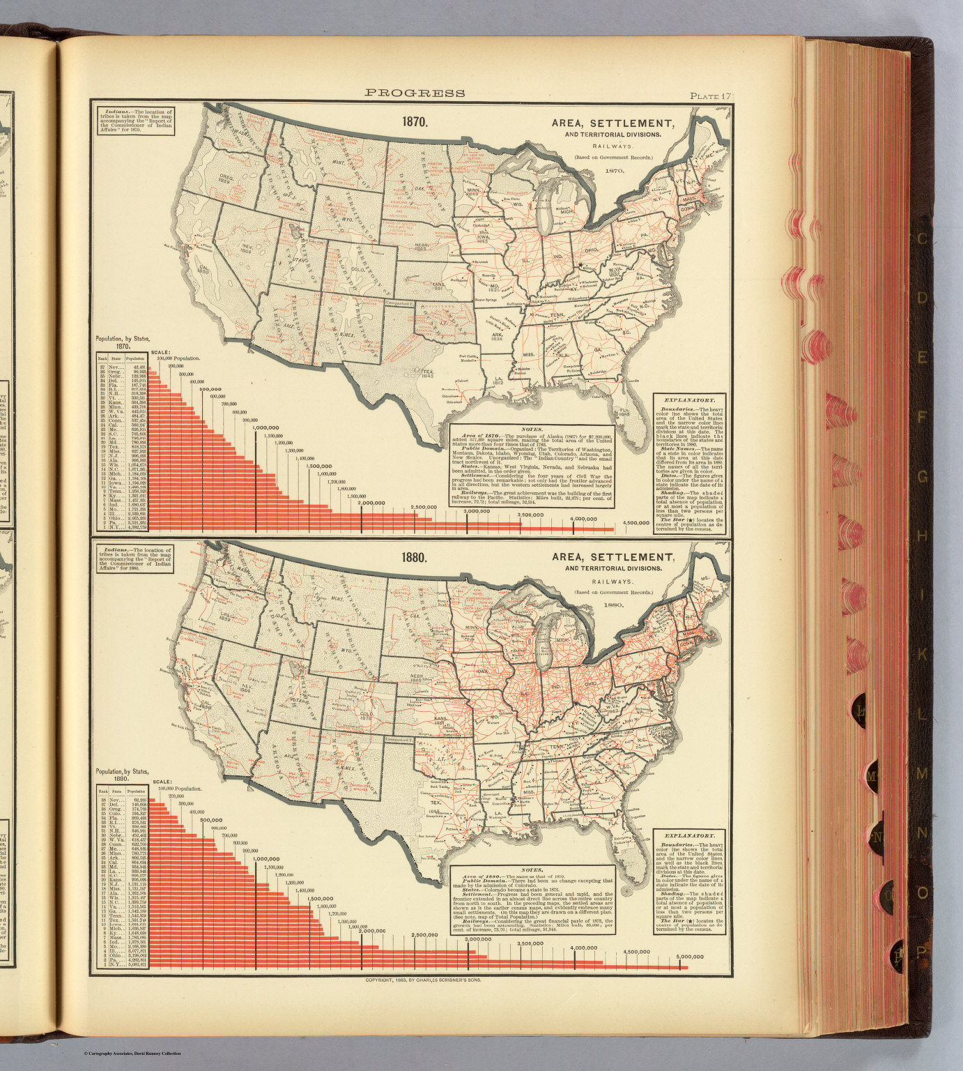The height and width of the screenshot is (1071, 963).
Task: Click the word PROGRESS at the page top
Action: click(x=415, y=93)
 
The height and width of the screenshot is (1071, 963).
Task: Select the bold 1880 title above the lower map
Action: click(x=414, y=558)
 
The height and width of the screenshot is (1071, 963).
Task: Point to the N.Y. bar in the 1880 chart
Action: click(x=418, y=967)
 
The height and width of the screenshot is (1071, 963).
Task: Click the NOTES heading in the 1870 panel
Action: click(x=531, y=430)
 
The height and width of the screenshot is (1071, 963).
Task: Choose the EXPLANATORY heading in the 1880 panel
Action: click(x=689, y=835)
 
